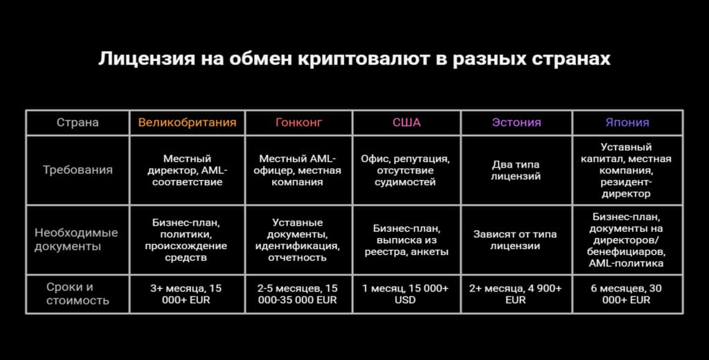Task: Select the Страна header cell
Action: click(x=78, y=123)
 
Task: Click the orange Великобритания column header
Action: click(x=187, y=123)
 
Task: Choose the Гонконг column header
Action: click(x=298, y=123)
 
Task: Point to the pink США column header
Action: click(x=406, y=123)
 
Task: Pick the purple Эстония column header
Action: click(x=517, y=123)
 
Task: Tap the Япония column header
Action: click(x=627, y=123)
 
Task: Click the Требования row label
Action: click(x=78, y=170)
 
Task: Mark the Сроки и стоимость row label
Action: click(x=78, y=294)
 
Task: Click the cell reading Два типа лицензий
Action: click(x=517, y=170)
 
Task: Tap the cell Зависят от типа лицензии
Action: click(x=517, y=240)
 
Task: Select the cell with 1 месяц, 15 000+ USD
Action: click(x=406, y=294)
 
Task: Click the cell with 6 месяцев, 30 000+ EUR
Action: click(x=627, y=294)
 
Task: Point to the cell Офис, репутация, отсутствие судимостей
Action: click(x=406, y=170)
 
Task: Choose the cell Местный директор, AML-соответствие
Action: click(x=187, y=170)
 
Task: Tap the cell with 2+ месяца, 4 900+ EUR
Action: click(x=517, y=294)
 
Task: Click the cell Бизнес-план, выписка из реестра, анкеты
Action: click(x=406, y=240)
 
